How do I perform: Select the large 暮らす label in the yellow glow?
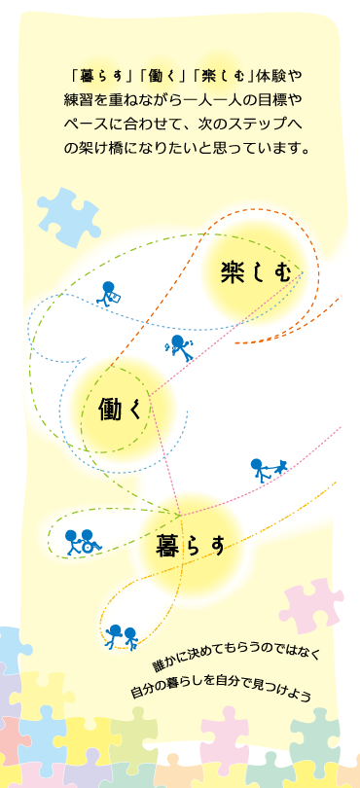[x=191, y=547]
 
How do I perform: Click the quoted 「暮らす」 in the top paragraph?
[x=98, y=77]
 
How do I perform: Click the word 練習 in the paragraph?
[x=77, y=101]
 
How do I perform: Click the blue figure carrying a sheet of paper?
[x=109, y=293]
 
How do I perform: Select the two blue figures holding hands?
[x=122, y=637]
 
